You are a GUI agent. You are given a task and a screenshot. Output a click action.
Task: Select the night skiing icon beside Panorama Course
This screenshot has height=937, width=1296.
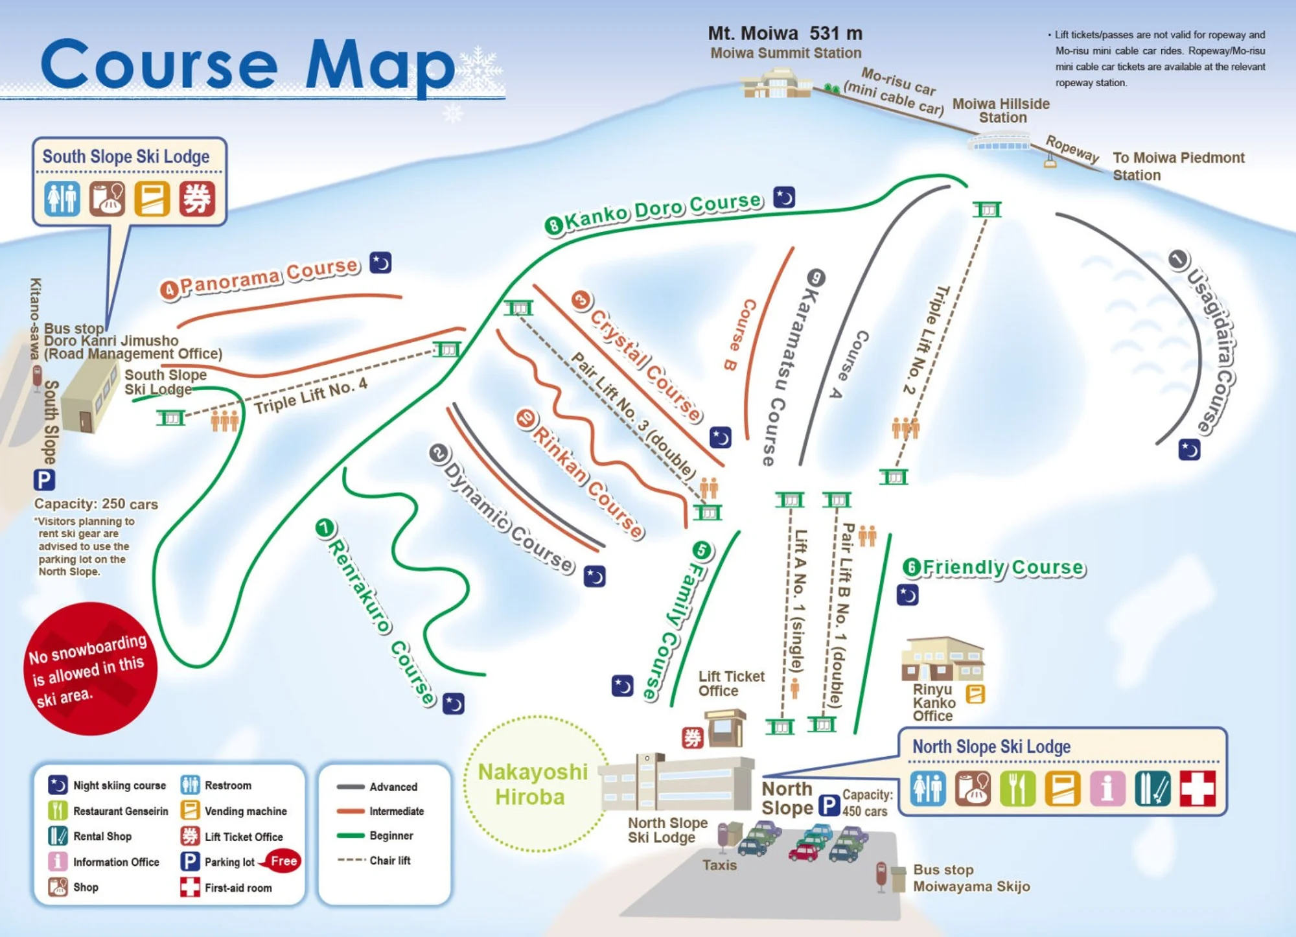point(380,262)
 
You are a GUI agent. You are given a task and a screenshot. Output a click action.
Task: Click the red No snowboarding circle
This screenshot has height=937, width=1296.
point(90,668)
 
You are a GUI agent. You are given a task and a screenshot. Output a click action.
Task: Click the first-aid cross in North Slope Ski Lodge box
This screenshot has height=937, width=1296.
point(1197,788)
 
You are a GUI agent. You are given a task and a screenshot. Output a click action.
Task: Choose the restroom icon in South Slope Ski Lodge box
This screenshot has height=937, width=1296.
point(62,198)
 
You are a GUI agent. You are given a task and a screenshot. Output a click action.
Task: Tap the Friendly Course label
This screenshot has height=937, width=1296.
point(995,568)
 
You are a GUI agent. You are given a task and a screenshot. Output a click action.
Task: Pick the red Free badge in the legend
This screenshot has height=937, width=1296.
point(283,861)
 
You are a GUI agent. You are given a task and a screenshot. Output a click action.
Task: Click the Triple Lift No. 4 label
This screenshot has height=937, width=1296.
point(311,396)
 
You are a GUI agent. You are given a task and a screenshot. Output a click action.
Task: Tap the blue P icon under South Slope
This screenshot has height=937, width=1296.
point(44,480)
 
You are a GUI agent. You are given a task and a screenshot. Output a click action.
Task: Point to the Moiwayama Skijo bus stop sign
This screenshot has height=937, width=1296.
point(881,875)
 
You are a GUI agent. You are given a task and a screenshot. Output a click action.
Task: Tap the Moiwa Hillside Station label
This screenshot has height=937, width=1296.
point(1001,111)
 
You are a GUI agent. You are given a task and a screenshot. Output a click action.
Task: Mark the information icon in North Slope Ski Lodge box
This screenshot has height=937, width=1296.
point(1107,788)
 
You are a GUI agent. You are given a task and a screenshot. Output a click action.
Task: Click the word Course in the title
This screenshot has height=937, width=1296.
point(159,65)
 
